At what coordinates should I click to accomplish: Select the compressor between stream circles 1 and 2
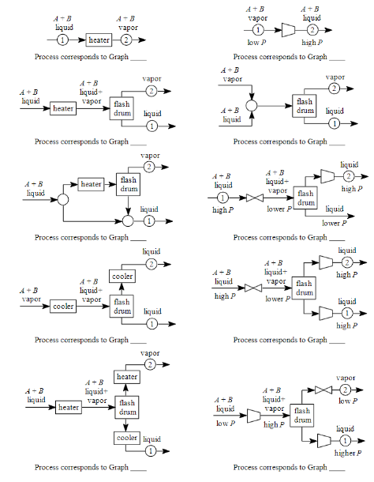tap(288, 30)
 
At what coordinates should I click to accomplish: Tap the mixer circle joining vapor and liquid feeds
tap(251, 104)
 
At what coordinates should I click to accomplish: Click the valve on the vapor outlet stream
tap(323, 390)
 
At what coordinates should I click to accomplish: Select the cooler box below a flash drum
tap(127, 437)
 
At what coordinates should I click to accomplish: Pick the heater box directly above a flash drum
tap(127, 377)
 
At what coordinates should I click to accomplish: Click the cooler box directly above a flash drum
tap(122, 276)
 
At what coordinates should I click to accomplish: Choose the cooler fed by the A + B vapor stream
tap(63, 306)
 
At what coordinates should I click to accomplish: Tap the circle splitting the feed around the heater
tap(63, 200)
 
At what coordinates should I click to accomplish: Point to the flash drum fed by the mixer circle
tap(304, 105)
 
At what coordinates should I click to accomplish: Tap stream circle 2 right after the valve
tap(345, 390)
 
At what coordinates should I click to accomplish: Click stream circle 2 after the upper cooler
tap(151, 265)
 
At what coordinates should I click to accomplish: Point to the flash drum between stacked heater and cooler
tap(127, 407)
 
